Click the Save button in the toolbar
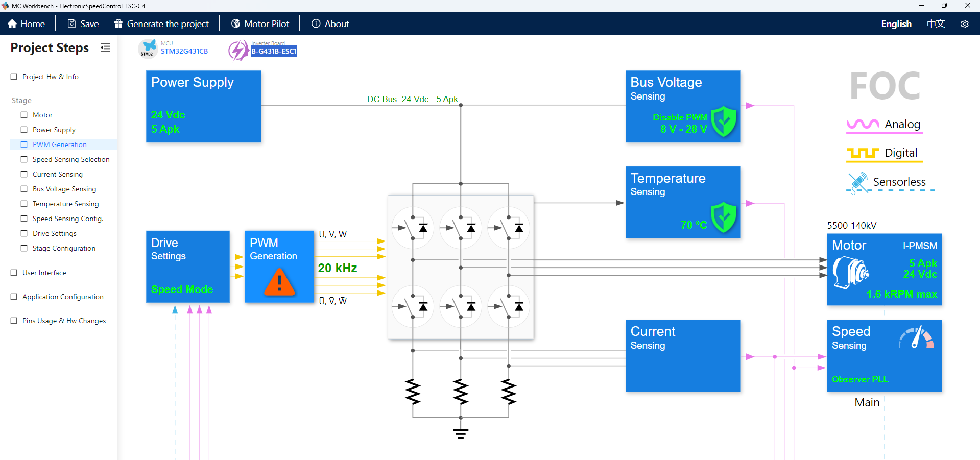pyautogui.click(x=83, y=24)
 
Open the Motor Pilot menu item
pyautogui.click(x=260, y=24)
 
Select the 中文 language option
pyautogui.click(x=936, y=24)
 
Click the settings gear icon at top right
pyautogui.click(x=964, y=24)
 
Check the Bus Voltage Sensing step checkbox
pyautogui.click(x=24, y=189)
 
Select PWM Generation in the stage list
pyautogui.click(x=59, y=144)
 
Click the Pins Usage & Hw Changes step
pyautogui.click(x=64, y=321)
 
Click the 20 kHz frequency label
pyautogui.click(x=337, y=268)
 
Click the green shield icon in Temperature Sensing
pyautogui.click(x=724, y=217)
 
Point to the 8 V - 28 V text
pyautogui.click(x=683, y=129)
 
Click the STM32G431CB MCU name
pyautogui.click(x=184, y=51)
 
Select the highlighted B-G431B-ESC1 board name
pyautogui.click(x=274, y=51)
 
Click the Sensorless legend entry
pyautogui.click(x=898, y=182)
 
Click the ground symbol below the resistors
pyautogui.click(x=460, y=433)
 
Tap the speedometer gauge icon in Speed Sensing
pyautogui.click(x=916, y=337)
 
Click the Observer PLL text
pyautogui.click(x=859, y=379)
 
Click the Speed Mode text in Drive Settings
pyautogui.click(x=182, y=289)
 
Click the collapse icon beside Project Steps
pyautogui.click(x=105, y=47)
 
